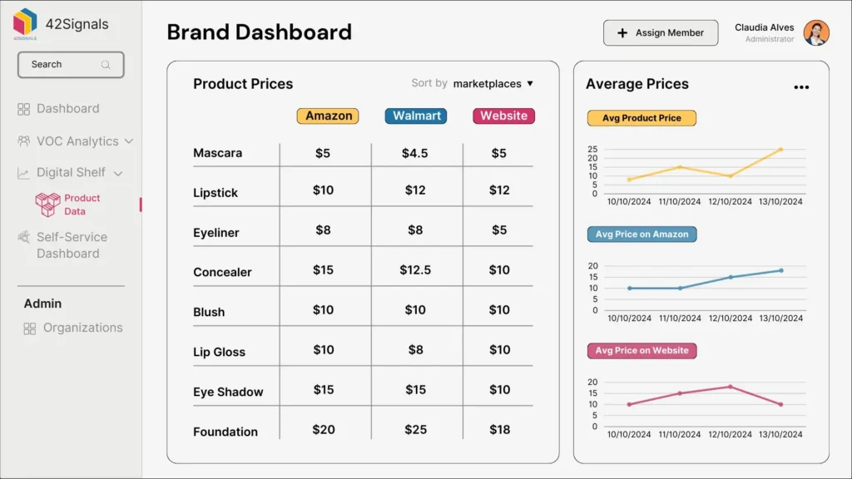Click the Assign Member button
tap(660, 33)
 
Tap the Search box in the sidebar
tap(71, 65)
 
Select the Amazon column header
tap(328, 116)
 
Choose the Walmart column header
tap(416, 116)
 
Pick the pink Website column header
tap(503, 116)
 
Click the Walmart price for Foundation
tap(415, 429)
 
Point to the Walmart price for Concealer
tap(415, 269)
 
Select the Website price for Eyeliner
tap(498, 230)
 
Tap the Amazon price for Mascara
tap(323, 153)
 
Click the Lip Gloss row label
tap(219, 352)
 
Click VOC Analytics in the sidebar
tap(77, 141)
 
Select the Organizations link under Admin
tap(82, 328)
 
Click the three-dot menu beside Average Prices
tap(800, 87)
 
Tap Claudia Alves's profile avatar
tap(816, 33)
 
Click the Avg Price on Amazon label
tap(641, 235)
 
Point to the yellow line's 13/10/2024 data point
tap(780, 150)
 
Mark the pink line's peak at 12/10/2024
tap(731, 387)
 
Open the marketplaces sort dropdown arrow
tap(530, 84)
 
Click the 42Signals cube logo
tap(25, 22)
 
